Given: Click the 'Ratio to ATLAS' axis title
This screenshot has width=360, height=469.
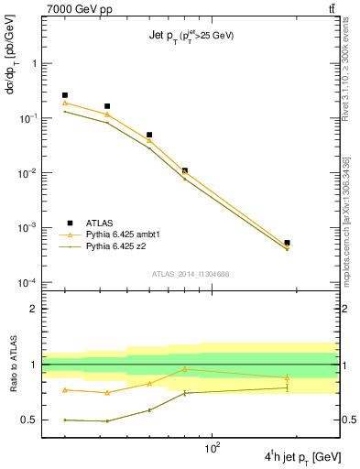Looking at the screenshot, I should coord(12,365).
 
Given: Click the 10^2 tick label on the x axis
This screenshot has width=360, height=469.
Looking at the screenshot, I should coord(214,449).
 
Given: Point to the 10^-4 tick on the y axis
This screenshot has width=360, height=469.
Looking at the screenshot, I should coord(27,283).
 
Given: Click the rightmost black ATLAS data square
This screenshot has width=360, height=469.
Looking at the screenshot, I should coord(287,243).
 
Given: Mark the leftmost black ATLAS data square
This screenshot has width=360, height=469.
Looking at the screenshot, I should coord(64,95).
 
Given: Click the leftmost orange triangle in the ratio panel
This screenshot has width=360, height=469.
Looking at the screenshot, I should coord(64,390).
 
